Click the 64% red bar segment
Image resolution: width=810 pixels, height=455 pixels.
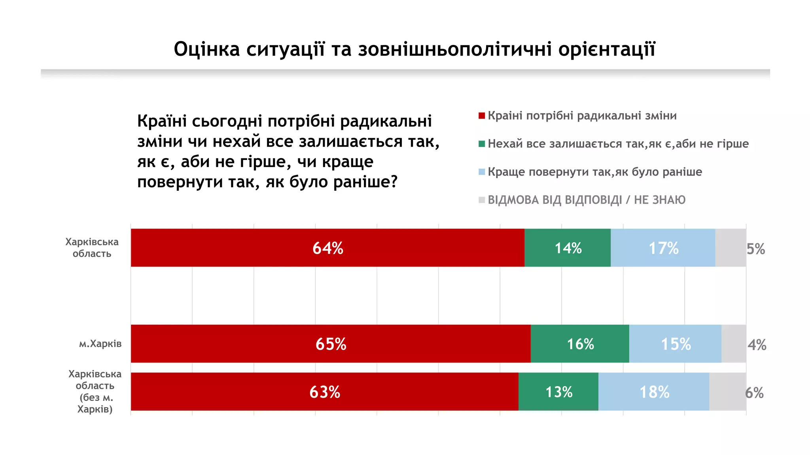327,248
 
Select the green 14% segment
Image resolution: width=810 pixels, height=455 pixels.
568,248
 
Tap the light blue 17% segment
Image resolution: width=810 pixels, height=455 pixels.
663,248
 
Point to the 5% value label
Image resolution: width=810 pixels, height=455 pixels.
755,249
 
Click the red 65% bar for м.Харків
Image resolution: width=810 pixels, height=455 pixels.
331,344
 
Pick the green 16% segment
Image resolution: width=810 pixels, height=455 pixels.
580,344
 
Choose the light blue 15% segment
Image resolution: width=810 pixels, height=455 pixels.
676,344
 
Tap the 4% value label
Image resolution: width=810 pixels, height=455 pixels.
757,345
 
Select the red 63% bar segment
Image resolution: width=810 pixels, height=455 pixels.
324,392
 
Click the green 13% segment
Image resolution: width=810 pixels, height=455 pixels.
558,392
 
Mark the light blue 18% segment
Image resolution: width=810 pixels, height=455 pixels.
654,392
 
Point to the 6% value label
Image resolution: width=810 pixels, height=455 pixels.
754,393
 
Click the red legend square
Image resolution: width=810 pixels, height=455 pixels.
482,116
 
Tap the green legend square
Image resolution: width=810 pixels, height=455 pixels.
482,144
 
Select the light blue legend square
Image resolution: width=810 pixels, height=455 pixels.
482,172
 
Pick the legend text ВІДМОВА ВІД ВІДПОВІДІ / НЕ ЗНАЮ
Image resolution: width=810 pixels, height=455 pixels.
587,200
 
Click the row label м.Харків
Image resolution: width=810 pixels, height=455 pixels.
100,344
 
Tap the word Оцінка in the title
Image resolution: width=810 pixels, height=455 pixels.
207,49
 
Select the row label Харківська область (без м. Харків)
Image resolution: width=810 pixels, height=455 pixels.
95,391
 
